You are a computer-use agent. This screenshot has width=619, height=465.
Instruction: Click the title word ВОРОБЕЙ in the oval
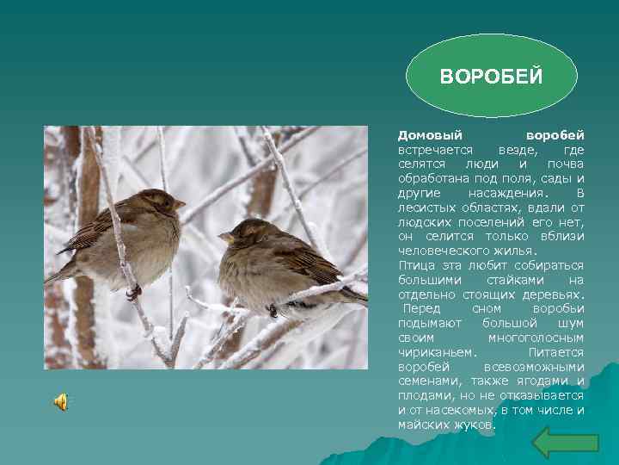[491, 77]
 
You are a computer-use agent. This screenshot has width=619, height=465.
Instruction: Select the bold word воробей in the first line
[555, 135]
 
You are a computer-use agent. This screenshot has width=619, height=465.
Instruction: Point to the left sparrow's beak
[180, 204]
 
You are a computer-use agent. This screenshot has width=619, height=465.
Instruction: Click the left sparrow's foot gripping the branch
[133, 291]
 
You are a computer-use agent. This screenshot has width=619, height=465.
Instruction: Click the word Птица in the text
[416, 265]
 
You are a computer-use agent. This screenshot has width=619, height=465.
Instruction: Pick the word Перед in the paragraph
[422, 308]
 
